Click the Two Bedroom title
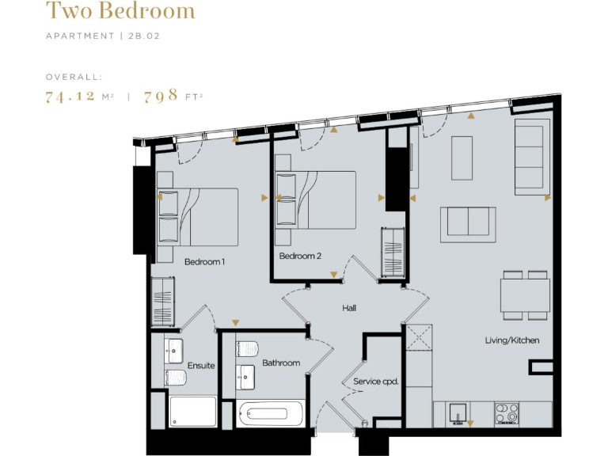click(120, 12)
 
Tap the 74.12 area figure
click(71, 97)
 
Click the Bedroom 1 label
click(205, 261)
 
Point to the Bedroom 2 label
click(300, 256)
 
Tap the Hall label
click(350, 307)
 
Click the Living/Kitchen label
click(512, 340)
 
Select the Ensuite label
click(201, 366)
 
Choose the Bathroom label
click(281, 363)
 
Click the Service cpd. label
click(375, 382)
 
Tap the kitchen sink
click(458, 412)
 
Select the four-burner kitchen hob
click(506, 412)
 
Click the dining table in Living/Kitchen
click(525, 295)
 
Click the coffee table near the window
click(462, 158)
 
